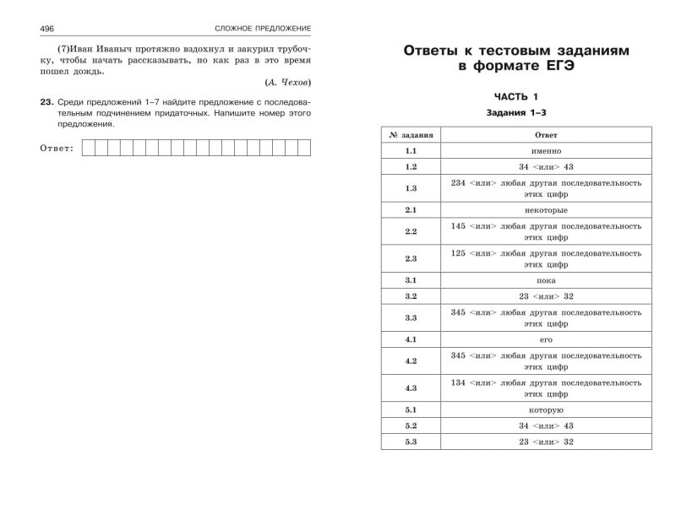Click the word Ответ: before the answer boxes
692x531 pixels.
(57, 149)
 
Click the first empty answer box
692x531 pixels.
(89, 149)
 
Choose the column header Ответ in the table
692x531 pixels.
(546, 135)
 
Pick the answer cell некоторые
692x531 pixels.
(546, 209)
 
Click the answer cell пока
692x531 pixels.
(546, 280)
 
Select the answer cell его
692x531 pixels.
(546, 339)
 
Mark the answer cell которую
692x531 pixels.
(546, 410)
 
